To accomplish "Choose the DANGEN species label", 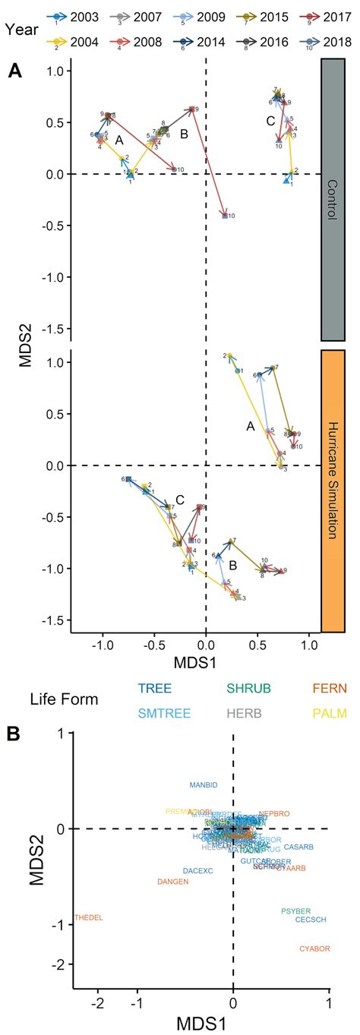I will (x=172, y=882).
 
